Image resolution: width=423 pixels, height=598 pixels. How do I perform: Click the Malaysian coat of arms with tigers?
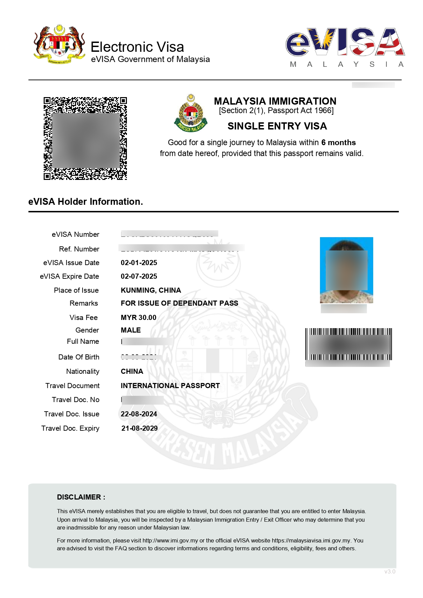[59, 44]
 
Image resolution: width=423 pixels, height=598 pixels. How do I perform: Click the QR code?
[85, 138]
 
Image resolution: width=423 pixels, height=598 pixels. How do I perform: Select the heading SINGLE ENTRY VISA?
[277, 126]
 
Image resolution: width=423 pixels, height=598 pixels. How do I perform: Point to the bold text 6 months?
[338, 142]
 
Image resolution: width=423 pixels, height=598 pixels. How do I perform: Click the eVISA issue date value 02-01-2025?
[139, 263]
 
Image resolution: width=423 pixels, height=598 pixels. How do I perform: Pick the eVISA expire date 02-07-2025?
[139, 276]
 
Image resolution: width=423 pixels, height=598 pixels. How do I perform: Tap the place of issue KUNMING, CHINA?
[151, 290]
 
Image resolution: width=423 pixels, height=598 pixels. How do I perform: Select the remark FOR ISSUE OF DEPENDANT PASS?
[179, 303]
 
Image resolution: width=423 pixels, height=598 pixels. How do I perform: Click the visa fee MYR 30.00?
[138, 318]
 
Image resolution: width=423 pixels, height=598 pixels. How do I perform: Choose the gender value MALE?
[131, 330]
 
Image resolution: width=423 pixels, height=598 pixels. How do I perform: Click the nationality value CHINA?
[132, 371]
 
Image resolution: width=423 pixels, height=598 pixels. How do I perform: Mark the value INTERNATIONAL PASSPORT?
[170, 386]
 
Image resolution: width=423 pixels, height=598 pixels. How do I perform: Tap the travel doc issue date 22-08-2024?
[139, 414]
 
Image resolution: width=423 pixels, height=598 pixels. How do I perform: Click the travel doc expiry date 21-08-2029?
[140, 428]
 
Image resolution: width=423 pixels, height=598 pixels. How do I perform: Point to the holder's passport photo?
[346, 270]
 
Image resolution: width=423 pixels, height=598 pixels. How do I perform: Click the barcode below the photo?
[348, 344]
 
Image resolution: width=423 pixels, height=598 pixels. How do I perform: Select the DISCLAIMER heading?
[81, 497]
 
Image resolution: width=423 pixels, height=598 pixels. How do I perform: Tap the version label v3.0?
[390, 571]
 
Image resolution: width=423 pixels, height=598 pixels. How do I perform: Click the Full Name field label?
[83, 341]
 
